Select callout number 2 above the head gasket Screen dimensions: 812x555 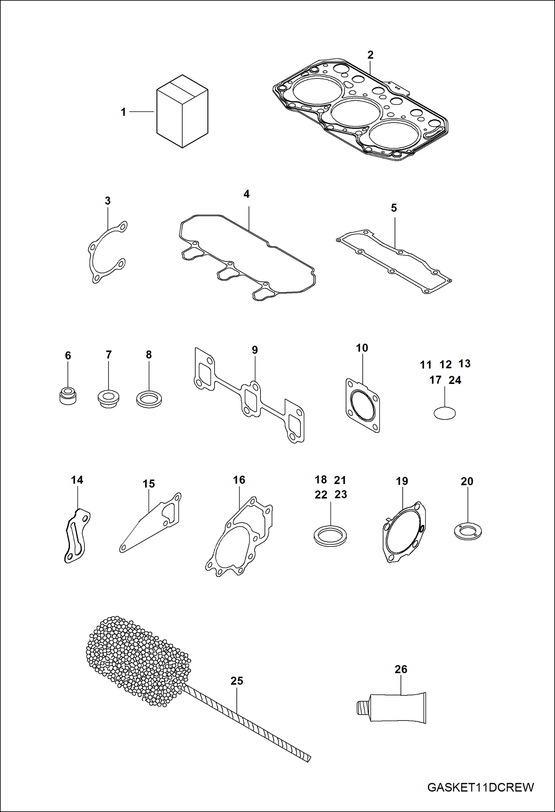tap(370, 55)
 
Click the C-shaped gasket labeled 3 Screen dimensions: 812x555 tap(93, 259)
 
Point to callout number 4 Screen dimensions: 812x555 tap(246, 194)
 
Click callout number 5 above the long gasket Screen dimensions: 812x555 tap(393, 208)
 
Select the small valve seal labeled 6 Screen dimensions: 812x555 tap(68, 397)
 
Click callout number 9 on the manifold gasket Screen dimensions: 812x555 tap(255, 350)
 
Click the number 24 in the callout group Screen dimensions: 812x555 tap(455, 380)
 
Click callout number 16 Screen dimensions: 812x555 tap(239, 480)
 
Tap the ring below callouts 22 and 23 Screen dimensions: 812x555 tap(330, 536)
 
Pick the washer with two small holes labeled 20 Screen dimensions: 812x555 tap(468, 532)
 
